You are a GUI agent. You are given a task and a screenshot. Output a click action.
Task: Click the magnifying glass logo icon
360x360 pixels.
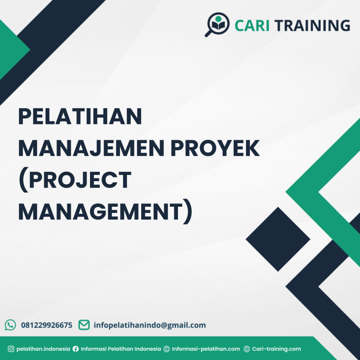[217, 24]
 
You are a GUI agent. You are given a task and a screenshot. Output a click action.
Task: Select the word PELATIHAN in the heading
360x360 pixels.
[80, 117]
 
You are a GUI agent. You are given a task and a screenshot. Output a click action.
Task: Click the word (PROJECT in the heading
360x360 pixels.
[75, 181]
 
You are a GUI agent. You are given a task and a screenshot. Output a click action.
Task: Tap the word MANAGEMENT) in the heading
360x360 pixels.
[105, 213]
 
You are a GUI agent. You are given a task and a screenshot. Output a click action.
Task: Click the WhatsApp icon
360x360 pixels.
[11, 325]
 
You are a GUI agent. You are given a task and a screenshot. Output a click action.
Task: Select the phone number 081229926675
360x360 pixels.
[47, 325]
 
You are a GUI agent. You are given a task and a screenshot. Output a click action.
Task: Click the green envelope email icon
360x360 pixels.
[84, 325]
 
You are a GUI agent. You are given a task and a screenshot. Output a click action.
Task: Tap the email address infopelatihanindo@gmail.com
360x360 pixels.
[150, 325]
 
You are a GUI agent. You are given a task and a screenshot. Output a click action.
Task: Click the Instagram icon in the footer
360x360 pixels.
[11, 349]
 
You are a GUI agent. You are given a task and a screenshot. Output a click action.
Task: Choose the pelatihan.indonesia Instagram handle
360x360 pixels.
[43, 349]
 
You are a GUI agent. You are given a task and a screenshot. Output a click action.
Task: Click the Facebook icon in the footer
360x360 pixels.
[76, 349]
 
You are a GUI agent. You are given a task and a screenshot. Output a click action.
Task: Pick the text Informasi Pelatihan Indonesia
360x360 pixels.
[121, 349]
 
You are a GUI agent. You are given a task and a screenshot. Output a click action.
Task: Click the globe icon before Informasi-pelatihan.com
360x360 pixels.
[167, 349]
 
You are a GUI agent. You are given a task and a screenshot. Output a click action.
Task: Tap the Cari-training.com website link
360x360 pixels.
[276, 349]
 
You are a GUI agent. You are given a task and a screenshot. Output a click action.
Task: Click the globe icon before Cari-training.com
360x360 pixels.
[247, 349]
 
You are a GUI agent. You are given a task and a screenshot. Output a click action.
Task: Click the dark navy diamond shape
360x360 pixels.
[278, 239]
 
